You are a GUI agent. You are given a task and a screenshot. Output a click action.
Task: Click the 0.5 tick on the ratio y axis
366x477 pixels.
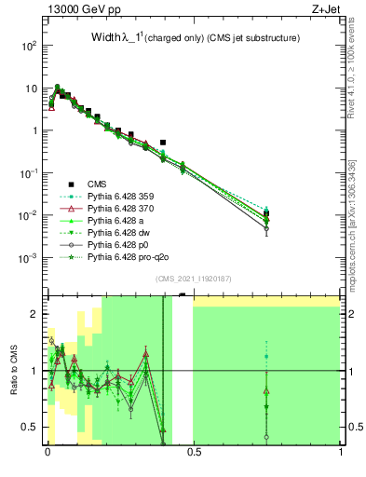click(x=34, y=427)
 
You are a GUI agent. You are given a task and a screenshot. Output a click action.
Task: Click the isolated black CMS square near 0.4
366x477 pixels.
click(x=163, y=143)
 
